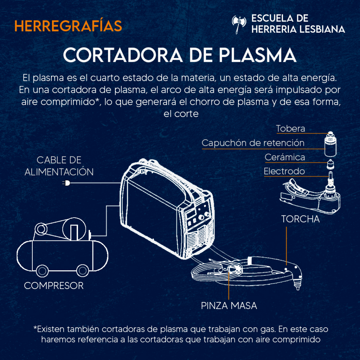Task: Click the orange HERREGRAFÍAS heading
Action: point(68,25)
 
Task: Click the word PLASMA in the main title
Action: point(257,55)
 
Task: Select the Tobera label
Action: point(290,129)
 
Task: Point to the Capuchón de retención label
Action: point(253,143)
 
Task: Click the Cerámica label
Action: point(285,157)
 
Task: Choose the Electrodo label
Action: point(284,171)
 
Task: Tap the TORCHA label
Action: point(301,219)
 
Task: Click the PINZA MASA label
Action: point(229,306)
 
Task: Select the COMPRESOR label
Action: point(54,285)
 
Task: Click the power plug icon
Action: point(66,183)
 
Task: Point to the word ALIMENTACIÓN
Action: point(59,172)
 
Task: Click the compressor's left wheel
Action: point(42,271)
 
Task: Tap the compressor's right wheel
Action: point(82,271)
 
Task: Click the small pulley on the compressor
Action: point(41,229)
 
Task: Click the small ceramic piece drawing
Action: point(330,164)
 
